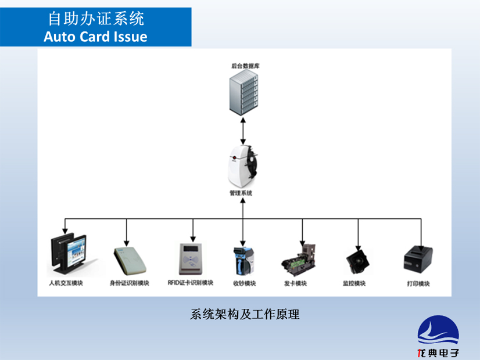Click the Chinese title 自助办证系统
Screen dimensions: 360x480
[x=96, y=19]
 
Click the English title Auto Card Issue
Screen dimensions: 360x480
[x=96, y=37]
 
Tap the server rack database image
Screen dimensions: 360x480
[x=242, y=93]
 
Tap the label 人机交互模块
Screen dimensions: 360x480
[x=66, y=283]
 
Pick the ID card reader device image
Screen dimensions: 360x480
[x=129, y=261]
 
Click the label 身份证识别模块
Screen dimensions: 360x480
[x=129, y=283]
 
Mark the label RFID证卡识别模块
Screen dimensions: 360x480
[x=191, y=283]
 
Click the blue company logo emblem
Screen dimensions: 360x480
[x=438, y=331]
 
